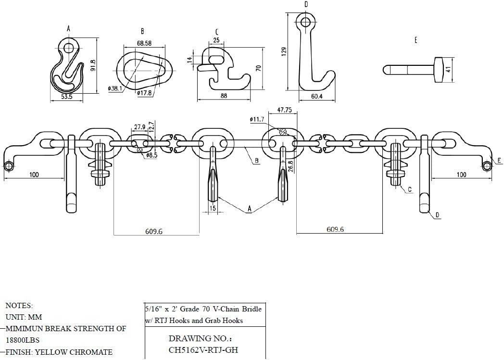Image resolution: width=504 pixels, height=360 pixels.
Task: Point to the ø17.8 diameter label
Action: (x=145, y=93)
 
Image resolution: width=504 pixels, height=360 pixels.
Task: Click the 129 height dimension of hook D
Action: (x=284, y=50)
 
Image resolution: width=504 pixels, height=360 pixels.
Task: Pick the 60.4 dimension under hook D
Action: (x=316, y=97)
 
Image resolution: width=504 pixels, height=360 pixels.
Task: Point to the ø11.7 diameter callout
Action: (x=257, y=119)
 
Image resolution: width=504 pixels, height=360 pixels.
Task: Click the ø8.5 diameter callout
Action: (x=152, y=156)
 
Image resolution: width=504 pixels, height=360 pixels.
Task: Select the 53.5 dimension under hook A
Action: (x=66, y=97)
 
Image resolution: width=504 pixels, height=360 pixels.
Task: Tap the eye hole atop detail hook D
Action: (x=304, y=21)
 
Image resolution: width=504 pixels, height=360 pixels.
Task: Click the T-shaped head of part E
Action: (x=440, y=69)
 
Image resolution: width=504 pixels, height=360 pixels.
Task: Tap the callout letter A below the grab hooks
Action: (x=249, y=209)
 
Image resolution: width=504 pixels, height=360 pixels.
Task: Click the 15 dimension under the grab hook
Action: (x=213, y=208)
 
